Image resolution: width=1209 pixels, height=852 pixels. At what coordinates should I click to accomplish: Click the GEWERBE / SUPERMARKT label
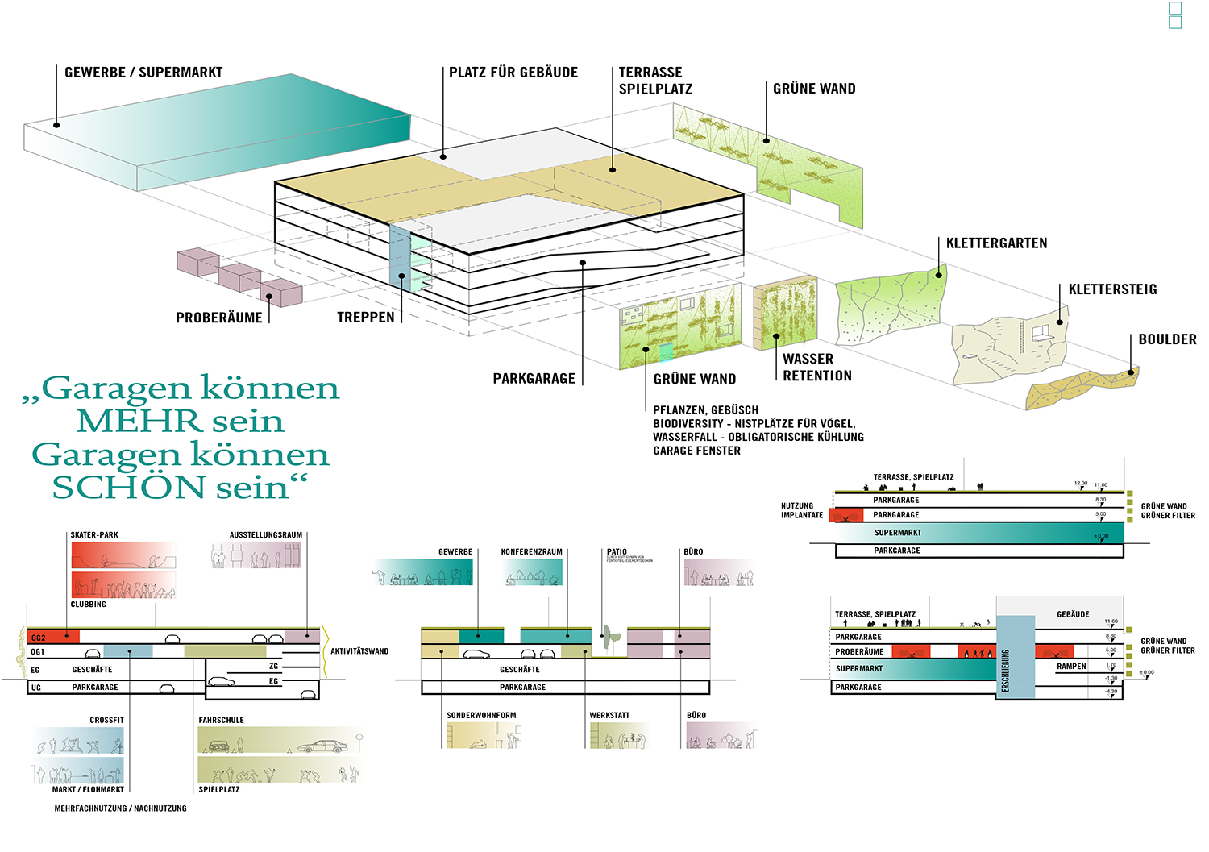tap(143, 73)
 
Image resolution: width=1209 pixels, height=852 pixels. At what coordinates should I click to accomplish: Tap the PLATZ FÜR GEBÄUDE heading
tap(513, 73)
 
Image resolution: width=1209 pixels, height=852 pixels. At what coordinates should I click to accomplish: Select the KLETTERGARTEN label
tap(996, 243)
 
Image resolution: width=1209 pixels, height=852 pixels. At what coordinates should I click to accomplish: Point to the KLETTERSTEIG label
tap(1112, 289)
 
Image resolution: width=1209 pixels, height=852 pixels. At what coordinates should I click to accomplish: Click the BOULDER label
tap(1167, 339)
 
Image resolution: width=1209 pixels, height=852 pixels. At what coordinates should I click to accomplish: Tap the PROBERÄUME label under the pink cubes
tap(219, 318)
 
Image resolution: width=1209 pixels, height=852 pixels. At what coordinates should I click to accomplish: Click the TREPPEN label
tap(366, 318)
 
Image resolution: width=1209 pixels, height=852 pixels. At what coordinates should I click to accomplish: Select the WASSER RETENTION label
tap(816, 368)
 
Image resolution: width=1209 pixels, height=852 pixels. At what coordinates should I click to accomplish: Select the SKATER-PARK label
tap(94, 535)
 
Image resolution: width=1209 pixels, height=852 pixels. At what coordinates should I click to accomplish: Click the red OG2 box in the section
tap(53, 637)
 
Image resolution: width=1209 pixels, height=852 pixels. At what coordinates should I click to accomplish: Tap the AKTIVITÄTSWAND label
tap(359, 651)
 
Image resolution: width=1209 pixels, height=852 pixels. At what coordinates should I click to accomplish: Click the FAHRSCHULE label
tap(221, 721)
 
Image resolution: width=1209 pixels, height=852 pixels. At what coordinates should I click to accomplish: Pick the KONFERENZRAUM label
tap(531, 552)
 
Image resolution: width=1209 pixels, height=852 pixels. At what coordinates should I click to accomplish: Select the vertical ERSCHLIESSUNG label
tap(1005, 671)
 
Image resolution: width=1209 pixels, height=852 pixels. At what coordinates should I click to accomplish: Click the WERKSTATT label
tap(609, 716)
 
